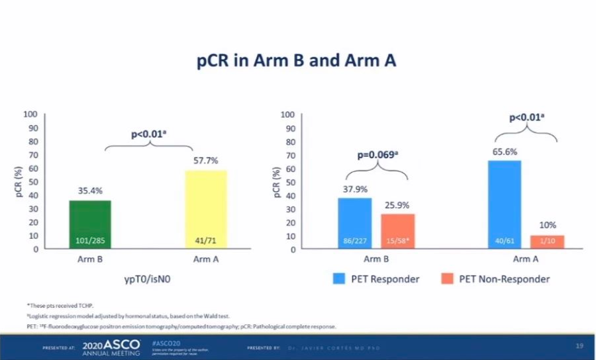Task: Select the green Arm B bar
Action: [90, 225]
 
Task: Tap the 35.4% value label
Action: [91, 191]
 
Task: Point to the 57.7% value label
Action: [206, 161]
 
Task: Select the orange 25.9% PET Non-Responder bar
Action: [398, 231]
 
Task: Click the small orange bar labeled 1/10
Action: [547, 242]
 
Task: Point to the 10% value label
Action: [547, 226]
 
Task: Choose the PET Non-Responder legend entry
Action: [495, 279]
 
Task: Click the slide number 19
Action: [579, 346]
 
